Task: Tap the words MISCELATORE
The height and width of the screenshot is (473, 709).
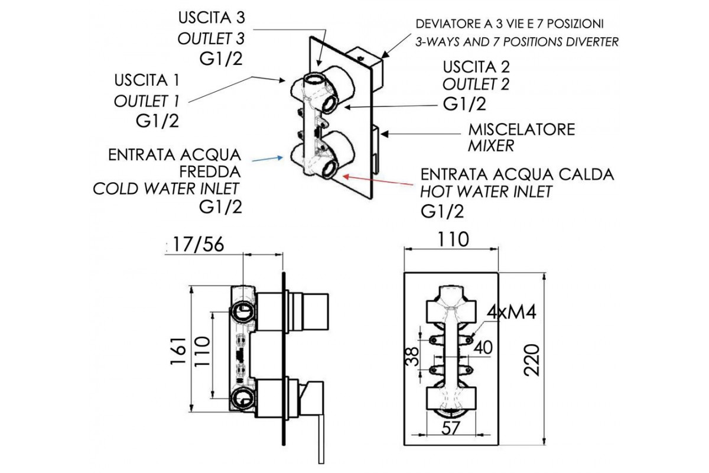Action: (x=521, y=129)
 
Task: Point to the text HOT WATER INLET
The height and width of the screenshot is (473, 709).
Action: (x=486, y=192)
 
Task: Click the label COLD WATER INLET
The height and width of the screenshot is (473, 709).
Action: (x=166, y=189)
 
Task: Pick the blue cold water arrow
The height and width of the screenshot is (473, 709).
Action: (x=266, y=158)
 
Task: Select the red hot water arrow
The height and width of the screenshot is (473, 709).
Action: (x=378, y=181)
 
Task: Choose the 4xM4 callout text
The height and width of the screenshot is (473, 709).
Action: (x=512, y=312)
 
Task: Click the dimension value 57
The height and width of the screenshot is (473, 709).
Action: (x=452, y=427)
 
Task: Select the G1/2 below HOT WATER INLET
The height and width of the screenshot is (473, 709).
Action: (x=441, y=210)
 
